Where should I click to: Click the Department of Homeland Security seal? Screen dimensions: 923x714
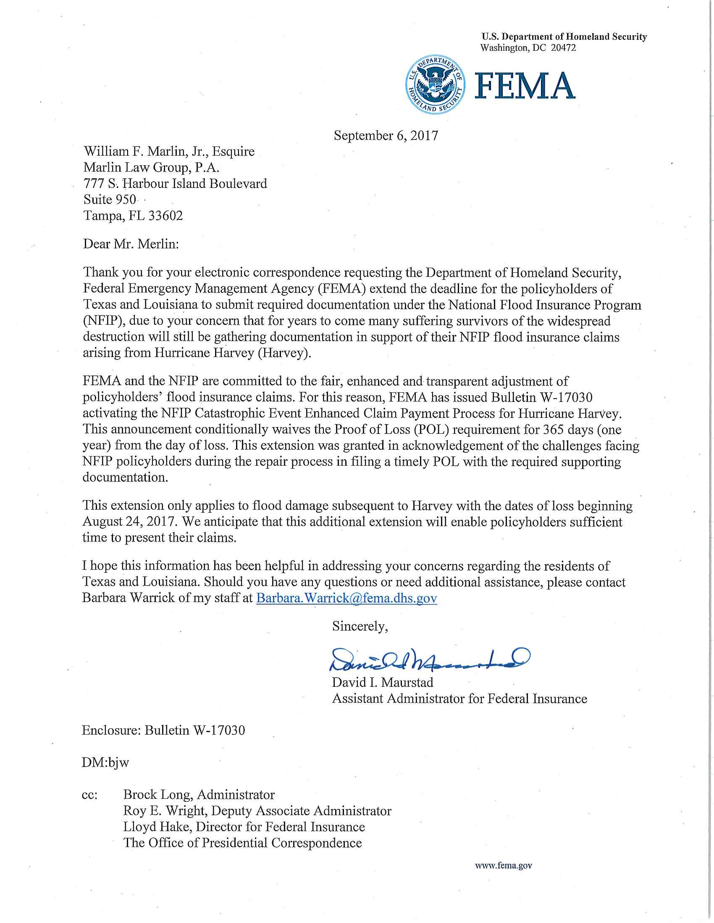[436, 85]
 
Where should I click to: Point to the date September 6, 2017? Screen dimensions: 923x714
[386, 136]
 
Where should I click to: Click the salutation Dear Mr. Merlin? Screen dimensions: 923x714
[131, 244]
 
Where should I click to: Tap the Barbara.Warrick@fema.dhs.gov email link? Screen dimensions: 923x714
[346, 598]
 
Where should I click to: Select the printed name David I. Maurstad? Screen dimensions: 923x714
[382, 683]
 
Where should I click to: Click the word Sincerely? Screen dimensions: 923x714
[360, 626]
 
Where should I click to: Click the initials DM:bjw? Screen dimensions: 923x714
[105, 763]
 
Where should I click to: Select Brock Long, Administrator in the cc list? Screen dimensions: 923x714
[199, 795]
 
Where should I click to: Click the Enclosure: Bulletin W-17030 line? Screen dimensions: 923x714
[163, 731]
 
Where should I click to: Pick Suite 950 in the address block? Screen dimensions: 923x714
[110, 199]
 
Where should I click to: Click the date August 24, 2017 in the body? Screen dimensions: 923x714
[128, 522]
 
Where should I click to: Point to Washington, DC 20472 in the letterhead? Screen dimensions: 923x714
[528, 48]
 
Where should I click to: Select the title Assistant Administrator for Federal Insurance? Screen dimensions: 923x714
[459, 699]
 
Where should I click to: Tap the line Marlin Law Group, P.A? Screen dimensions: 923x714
[152, 168]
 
